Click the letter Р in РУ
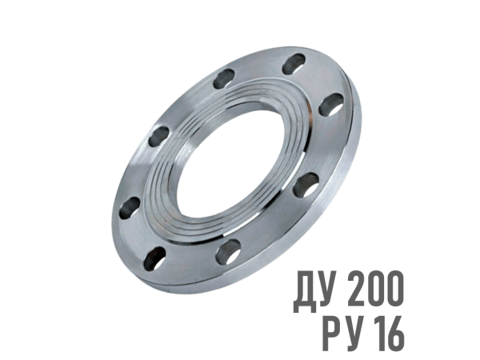tap(332, 334)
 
